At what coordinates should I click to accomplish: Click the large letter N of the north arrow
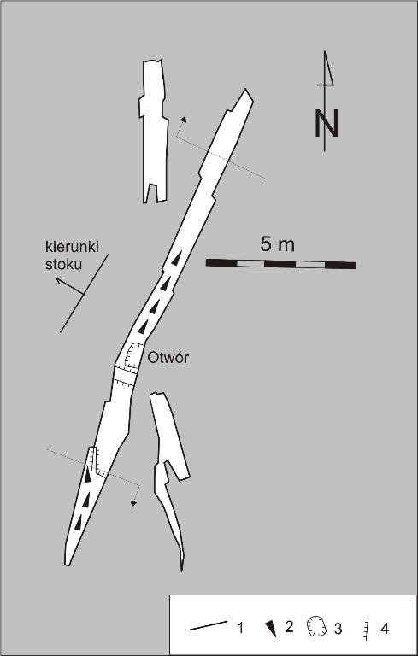[327, 123]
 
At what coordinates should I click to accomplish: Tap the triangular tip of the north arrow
[325, 52]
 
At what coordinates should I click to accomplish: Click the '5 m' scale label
[277, 244]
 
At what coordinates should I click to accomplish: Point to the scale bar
[280, 264]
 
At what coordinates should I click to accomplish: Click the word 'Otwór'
[168, 358]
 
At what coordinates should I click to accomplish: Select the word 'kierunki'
[72, 247]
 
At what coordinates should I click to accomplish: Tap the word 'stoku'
[63, 265]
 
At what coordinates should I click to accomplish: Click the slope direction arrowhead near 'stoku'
[60, 279]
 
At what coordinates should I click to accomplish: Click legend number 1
[240, 628]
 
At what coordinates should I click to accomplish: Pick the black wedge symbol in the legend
[272, 629]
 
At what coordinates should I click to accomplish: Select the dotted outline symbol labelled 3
[317, 627]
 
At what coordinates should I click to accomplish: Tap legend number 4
[385, 628]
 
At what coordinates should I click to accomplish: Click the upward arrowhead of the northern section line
[184, 119]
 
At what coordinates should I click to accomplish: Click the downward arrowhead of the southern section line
[133, 503]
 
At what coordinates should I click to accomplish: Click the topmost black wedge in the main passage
[177, 259]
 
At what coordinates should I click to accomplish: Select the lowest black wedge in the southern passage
[79, 523]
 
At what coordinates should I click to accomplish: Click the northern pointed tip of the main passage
[245, 89]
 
